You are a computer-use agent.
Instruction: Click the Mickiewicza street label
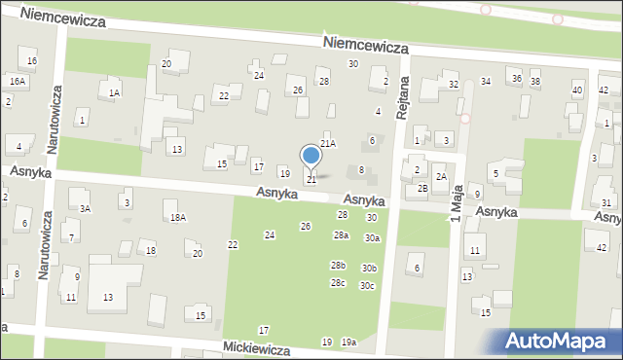257,346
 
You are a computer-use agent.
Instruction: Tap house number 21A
328,143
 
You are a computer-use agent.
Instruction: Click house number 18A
177,218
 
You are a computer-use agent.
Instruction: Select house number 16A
17,82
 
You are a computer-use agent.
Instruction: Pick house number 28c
338,283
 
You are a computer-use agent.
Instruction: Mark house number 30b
369,269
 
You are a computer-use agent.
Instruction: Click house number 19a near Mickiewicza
348,342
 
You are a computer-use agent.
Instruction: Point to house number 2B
422,188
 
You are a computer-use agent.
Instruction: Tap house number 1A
114,92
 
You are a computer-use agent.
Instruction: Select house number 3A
86,208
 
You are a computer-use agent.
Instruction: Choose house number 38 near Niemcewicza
535,80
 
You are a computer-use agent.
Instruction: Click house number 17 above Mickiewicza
264,332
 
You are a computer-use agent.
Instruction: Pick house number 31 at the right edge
606,202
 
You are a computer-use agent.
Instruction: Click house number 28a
341,235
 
